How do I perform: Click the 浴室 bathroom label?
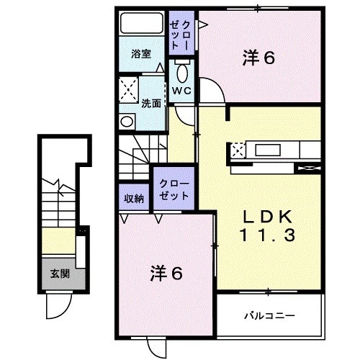[140, 53]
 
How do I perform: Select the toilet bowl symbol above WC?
[181, 71]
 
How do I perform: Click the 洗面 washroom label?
[150, 102]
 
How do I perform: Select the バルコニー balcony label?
[268, 315]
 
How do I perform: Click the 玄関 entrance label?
[60, 274]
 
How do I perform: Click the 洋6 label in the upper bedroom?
[258, 59]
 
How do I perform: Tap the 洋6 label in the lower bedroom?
[166, 274]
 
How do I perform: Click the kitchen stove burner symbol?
[239, 150]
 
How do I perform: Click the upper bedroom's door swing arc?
[212, 91]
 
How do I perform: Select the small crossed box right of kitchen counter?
[309, 168]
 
